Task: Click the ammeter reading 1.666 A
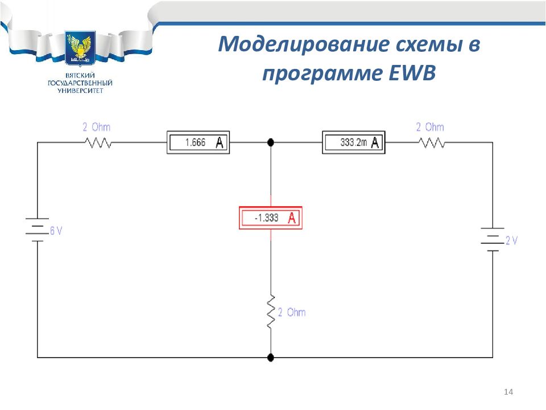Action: pyautogui.click(x=198, y=142)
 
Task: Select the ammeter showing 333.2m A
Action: pyautogui.click(x=353, y=142)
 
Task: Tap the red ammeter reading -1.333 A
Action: pyautogui.click(x=271, y=218)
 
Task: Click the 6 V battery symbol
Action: pyautogui.click(x=37, y=229)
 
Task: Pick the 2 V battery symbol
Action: pyautogui.click(x=493, y=240)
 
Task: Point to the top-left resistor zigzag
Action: pyautogui.click(x=98, y=142)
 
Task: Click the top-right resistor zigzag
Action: pyautogui.click(x=432, y=142)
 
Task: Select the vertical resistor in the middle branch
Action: pyautogui.click(x=271, y=311)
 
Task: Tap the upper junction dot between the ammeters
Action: pyautogui.click(x=271, y=142)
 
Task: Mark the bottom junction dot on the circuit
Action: pyautogui.click(x=271, y=358)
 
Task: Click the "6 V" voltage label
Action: pyautogui.click(x=56, y=231)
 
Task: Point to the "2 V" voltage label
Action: pyautogui.click(x=511, y=240)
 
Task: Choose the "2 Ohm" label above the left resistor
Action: pyautogui.click(x=97, y=127)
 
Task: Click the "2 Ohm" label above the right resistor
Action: pyautogui.click(x=430, y=127)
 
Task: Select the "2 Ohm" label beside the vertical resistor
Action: pyautogui.click(x=292, y=313)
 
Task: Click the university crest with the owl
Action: pyautogui.click(x=80, y=48)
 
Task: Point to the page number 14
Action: pyautogui.click(x=508, y=392)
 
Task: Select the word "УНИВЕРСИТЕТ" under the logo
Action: pyautogui.click(x=80, y=91)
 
